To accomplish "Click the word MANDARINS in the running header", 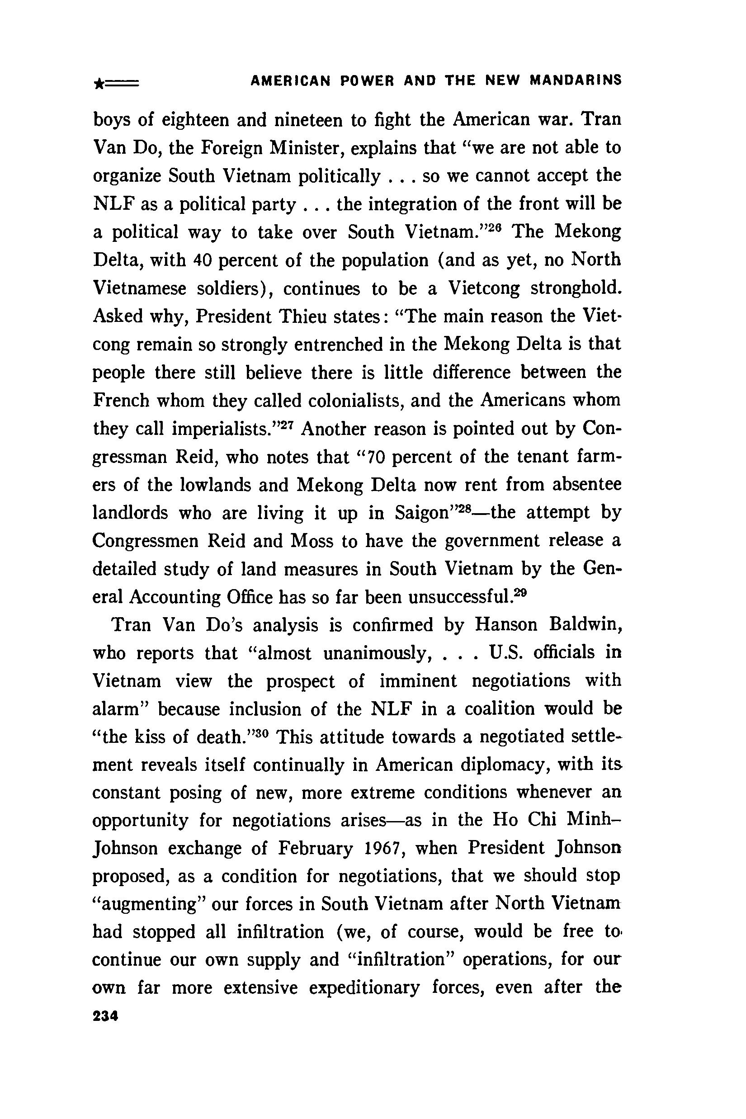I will [576, 80].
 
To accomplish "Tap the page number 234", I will [105, 1017].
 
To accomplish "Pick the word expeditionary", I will [364, 988].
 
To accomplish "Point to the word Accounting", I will [175, 598].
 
